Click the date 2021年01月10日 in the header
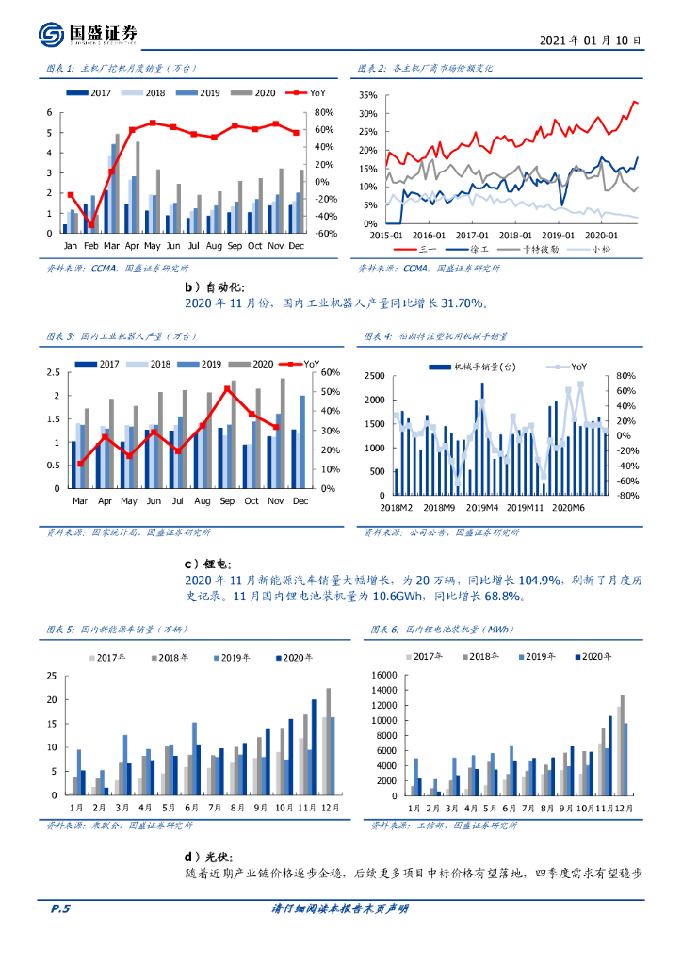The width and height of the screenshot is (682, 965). point(592,41)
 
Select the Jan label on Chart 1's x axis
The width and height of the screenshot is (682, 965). point(70,245)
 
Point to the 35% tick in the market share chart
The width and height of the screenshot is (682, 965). point(367,95)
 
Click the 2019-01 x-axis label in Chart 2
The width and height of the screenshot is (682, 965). point(558,235)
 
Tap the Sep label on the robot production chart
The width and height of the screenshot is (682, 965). point(226,501)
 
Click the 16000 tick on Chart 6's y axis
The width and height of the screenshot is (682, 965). point(384,675)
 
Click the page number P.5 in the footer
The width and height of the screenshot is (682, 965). point(60,908)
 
